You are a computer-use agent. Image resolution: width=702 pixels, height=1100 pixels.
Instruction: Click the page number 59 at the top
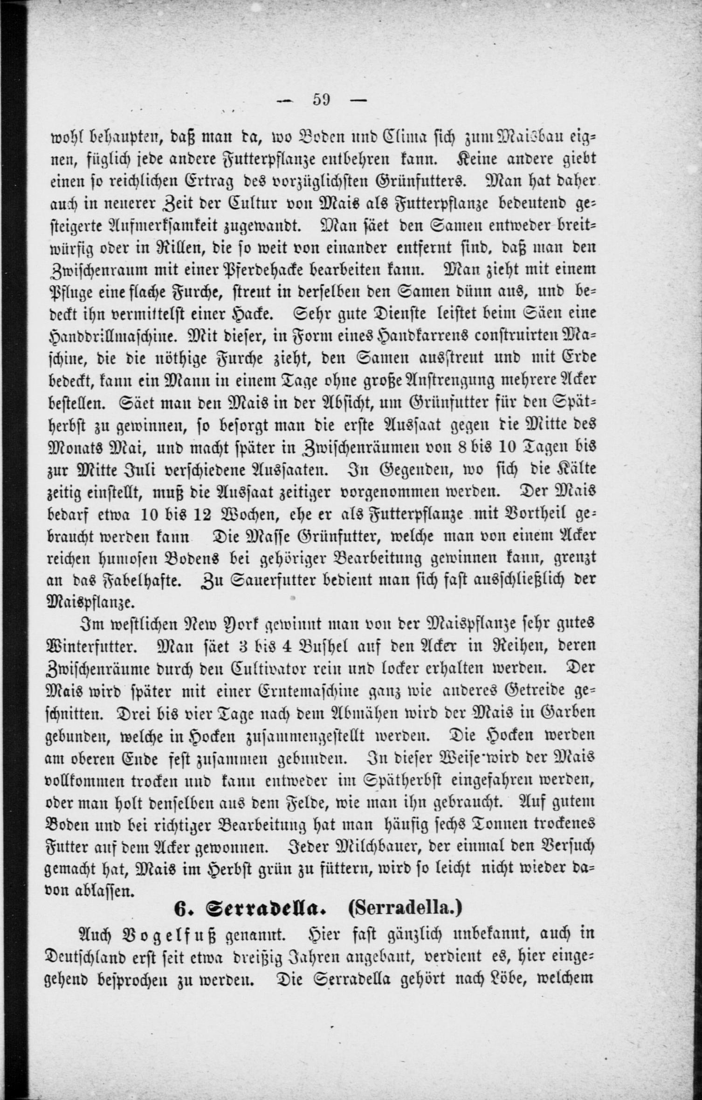[x=321, y=100]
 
